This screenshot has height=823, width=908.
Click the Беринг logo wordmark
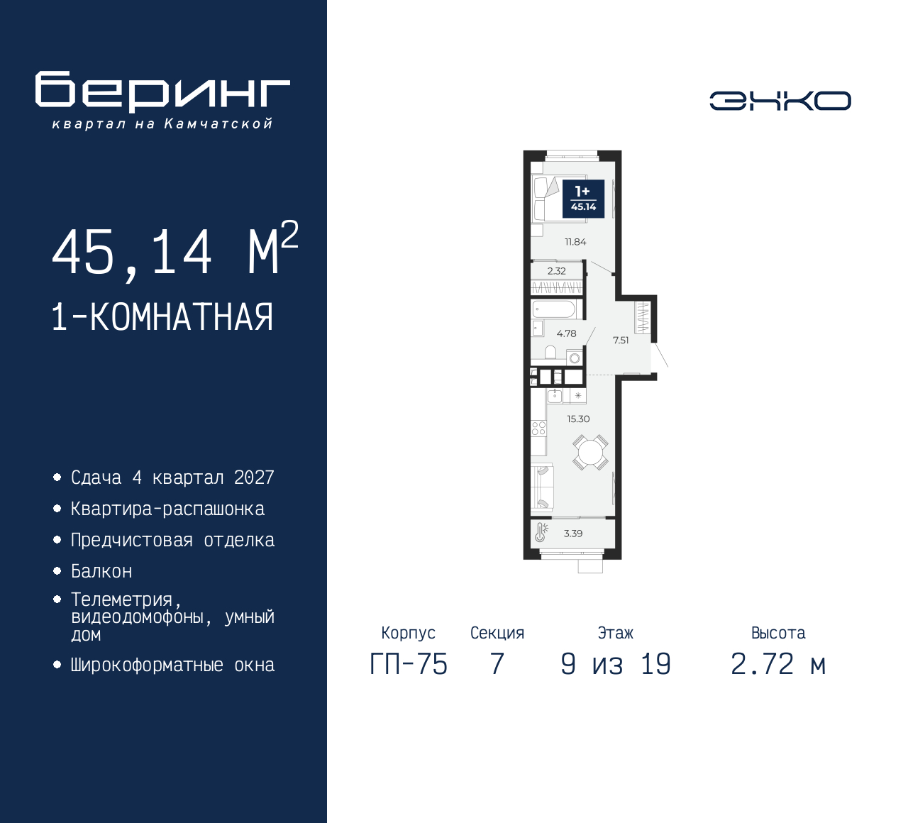162,92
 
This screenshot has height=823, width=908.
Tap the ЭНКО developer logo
780,101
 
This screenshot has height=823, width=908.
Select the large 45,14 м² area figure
175,250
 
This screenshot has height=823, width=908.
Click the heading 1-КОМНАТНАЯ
162,317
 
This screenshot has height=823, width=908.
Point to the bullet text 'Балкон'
101,571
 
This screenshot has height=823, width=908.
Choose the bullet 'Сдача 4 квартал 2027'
172,477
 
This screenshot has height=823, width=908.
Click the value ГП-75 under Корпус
409,664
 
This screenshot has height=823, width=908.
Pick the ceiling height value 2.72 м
778,664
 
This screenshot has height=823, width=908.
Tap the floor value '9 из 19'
615,664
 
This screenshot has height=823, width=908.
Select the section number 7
497,664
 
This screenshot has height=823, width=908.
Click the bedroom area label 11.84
575,242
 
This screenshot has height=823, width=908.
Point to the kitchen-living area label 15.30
578,419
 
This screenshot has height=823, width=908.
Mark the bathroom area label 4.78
566,333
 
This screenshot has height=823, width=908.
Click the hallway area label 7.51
621,341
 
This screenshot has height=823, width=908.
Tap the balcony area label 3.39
573,534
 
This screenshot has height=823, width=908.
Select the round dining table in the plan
590,452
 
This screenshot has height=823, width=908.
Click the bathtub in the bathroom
554,309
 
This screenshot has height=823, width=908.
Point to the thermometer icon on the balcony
541,532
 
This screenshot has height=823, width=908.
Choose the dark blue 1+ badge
583,198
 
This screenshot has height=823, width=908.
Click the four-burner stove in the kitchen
538,428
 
